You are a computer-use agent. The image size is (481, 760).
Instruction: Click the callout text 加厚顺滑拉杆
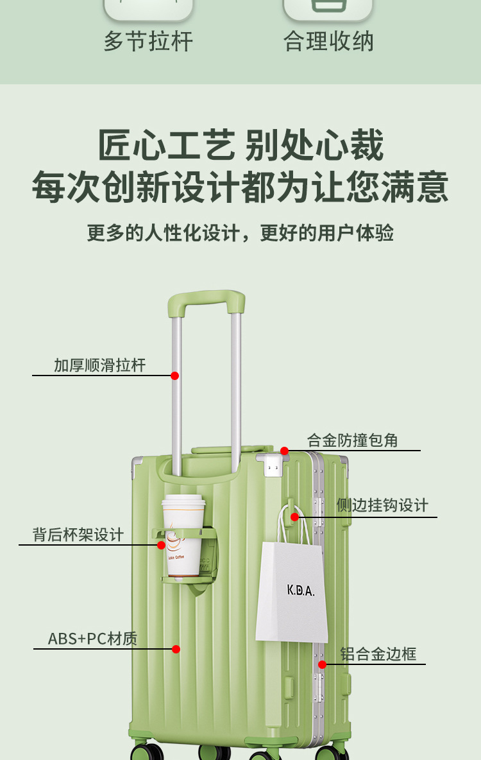coord(100,366)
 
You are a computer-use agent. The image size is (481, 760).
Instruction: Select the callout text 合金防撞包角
coord(353,440)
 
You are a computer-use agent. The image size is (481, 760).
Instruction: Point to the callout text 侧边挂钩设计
coord(382,506)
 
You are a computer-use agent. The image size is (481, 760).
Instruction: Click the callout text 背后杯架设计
coord(78,535)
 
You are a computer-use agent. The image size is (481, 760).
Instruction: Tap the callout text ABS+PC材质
coord(92,639)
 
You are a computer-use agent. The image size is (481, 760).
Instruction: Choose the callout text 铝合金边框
coord(378,654)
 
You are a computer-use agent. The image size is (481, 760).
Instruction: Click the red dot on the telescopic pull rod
coord(174,376)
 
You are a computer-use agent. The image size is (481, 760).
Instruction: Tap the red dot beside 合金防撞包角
coord(285,451)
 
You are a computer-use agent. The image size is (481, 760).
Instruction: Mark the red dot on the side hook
coord(295,517)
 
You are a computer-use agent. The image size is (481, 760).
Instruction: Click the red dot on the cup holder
coord(162,545)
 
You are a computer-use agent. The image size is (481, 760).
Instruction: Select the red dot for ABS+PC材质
coord(176,649)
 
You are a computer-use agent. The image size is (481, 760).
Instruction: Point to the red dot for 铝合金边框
coord(323,664)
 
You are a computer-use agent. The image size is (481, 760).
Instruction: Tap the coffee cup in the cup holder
coord(183,533)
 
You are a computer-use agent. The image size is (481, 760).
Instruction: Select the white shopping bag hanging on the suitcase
coord(292,591)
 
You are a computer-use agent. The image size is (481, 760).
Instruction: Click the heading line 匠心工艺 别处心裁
coord(240,146)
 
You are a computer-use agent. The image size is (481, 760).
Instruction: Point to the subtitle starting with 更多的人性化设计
coord(240,233)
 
